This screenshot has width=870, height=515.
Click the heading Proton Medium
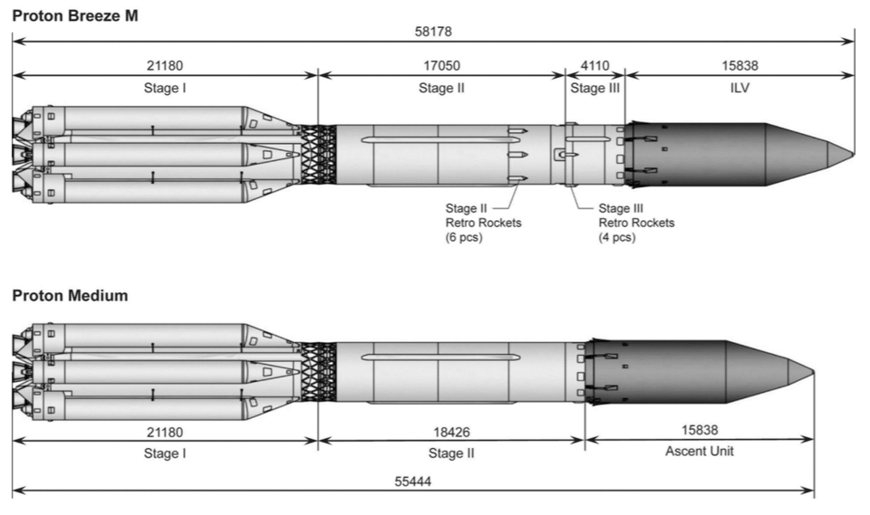coord(70,294)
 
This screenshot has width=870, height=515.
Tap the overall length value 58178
coord(432,32)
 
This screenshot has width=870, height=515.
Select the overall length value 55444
coord(412,482)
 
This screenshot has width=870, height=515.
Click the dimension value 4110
coord(594,66)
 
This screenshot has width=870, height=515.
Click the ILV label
coord(739,88)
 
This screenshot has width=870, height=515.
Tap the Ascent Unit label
coord(699,451)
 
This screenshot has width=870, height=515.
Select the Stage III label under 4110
coord(594,88)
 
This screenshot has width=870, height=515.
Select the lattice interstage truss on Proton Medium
coord(318,371)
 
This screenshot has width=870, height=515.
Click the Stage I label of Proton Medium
coord(164,452)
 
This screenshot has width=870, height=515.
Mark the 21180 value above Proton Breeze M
coord(164,66)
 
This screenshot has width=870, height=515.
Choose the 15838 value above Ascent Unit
coord(699,433)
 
